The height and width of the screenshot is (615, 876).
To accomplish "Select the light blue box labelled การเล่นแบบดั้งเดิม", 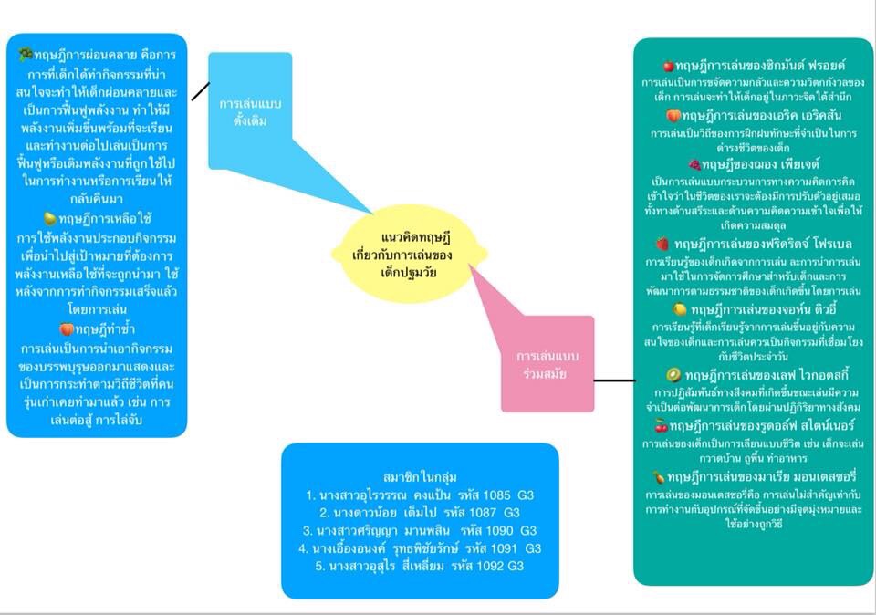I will coord(249,109).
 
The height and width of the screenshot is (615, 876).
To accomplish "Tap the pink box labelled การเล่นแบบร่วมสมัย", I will coord(547,363).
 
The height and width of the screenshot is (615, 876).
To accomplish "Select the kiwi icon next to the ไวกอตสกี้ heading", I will coord(673,375).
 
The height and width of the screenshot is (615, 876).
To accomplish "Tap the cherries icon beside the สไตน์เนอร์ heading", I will coord(662,426).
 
